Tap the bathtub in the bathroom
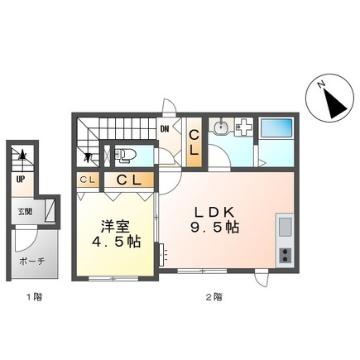(276, 130)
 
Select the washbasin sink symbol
(221, 128)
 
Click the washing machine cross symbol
(245, 129)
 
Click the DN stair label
(165, 129)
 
